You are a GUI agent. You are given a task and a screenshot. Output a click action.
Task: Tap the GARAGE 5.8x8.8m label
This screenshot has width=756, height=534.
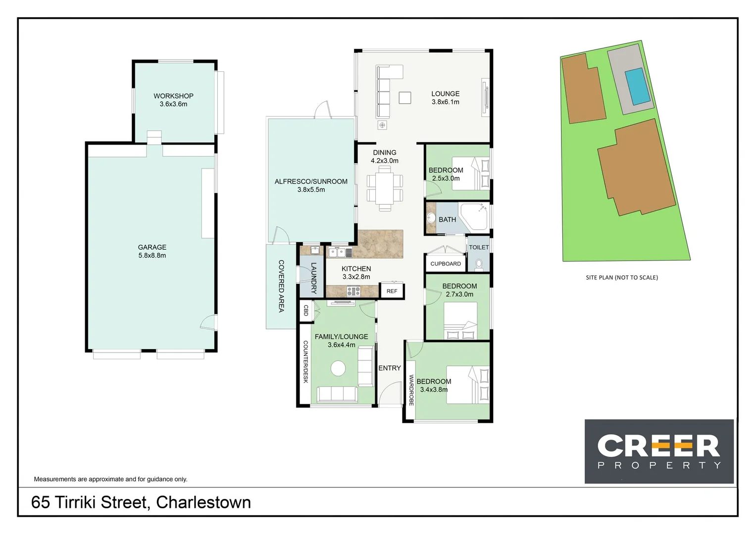coord(152,251)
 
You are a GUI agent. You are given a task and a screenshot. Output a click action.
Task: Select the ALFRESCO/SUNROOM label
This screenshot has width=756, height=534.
coord(311,185)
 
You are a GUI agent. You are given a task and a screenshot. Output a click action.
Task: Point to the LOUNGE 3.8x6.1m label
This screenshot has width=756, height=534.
coord(445,97)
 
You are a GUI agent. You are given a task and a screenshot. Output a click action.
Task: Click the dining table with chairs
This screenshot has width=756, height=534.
coord(385,188)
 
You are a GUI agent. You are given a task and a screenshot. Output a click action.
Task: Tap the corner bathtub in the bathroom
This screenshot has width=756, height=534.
coord(474,216)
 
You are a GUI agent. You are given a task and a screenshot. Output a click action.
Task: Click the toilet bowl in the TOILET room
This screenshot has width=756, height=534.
coord(479,265)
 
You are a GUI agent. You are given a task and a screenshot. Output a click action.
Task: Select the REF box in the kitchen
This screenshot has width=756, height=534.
coord(392,291)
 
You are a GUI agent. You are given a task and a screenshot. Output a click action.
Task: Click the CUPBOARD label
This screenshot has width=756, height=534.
coord(445,264)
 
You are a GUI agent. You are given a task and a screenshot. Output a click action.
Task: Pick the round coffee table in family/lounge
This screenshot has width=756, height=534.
coord(338,368)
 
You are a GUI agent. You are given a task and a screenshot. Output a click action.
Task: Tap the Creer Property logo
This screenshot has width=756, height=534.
coord(658,451)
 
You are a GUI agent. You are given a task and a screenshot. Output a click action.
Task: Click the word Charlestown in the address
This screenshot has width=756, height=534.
coord(203,502)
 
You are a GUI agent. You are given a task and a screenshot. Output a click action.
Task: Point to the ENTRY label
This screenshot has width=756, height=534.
coord(390,368)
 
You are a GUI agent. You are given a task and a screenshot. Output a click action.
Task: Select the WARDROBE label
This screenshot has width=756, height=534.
coord(411,390)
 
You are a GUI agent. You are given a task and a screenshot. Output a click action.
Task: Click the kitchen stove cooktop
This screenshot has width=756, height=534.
coord(353,291)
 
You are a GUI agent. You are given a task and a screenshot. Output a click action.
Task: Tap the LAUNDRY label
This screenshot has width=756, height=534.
coord(313,278)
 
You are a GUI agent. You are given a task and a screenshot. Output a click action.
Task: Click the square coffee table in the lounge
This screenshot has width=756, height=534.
coord(405,98)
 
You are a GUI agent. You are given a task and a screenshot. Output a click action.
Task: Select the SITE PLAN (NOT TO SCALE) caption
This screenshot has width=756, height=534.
coord(621,277)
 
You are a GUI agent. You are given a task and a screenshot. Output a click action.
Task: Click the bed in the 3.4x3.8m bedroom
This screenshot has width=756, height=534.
coord(467,385)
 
